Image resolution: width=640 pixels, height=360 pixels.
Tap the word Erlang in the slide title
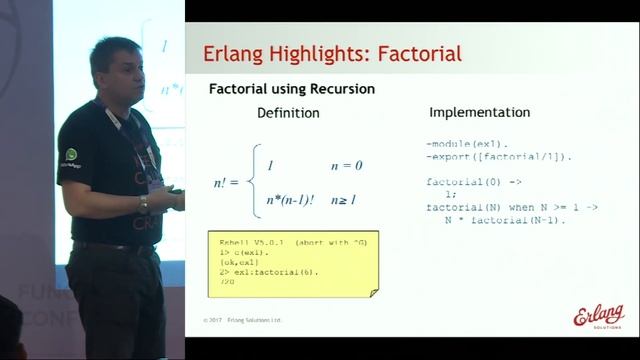pos(234,52)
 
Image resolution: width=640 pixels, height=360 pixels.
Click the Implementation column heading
pos(479,112)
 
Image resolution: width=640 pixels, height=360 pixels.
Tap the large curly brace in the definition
pos(255,183)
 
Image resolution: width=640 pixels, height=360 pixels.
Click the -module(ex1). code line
pos(467,145)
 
